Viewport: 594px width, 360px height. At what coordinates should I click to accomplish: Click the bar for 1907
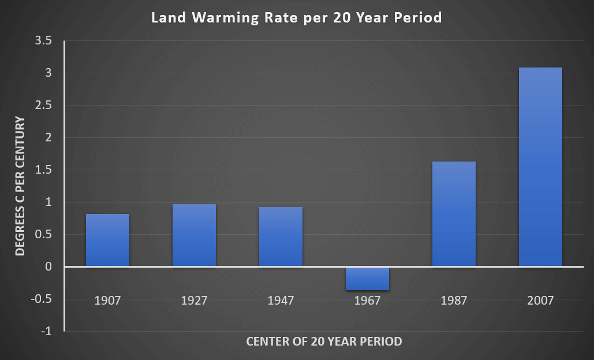107,241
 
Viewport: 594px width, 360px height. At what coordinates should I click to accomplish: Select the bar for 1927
194,235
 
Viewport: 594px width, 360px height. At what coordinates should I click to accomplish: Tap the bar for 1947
281,237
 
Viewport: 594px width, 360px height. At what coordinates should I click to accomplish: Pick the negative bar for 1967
367,279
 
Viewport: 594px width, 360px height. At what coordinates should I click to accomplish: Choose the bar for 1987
454,214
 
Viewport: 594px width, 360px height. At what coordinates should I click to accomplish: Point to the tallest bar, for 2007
540,167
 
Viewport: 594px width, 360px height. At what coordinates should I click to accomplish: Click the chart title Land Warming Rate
296,18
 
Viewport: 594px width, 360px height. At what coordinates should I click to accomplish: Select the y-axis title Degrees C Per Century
20,186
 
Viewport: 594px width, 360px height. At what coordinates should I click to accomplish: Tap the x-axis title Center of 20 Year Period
324,342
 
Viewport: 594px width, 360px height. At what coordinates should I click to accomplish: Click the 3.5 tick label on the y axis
44,41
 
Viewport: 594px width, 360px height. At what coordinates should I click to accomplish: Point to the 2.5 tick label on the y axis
44,106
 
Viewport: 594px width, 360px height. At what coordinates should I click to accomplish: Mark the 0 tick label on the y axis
48,267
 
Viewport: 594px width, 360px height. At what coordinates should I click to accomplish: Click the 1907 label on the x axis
107,301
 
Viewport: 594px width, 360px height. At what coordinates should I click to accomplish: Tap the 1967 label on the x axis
367,301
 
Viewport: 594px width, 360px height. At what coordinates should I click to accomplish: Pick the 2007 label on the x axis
540,301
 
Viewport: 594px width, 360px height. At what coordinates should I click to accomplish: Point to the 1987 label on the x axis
454,301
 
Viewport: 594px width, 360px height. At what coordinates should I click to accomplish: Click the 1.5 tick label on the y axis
44,170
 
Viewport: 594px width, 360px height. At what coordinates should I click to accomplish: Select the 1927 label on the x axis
194,301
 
